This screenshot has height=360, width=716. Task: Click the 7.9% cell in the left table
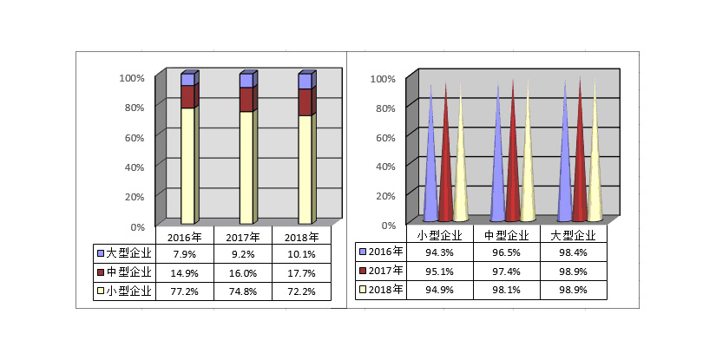click(x=185, y=254)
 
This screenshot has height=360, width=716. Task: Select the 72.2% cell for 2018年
click(x=301, y=291)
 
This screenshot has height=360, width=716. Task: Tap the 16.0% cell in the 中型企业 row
click(x=243, y=273)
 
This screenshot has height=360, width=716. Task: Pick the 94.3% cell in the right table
click(x=439, y=252)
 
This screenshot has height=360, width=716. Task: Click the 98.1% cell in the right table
click(x=506, y=290)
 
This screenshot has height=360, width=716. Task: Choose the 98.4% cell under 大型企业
click(x=573, y=252)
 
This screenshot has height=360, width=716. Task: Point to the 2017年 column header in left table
click(x=243, y=238)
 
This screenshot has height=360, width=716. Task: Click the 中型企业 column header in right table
click(x=506, y=235)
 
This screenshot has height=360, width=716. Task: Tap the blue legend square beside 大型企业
click(x=101, y=253)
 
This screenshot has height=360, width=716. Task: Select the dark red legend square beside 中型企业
click(x=101, y=272)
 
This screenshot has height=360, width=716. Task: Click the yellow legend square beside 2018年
click(x=363, y=289)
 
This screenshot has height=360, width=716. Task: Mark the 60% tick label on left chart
click(x=135, y=137)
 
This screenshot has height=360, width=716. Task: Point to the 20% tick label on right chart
click(x=386, y=196)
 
